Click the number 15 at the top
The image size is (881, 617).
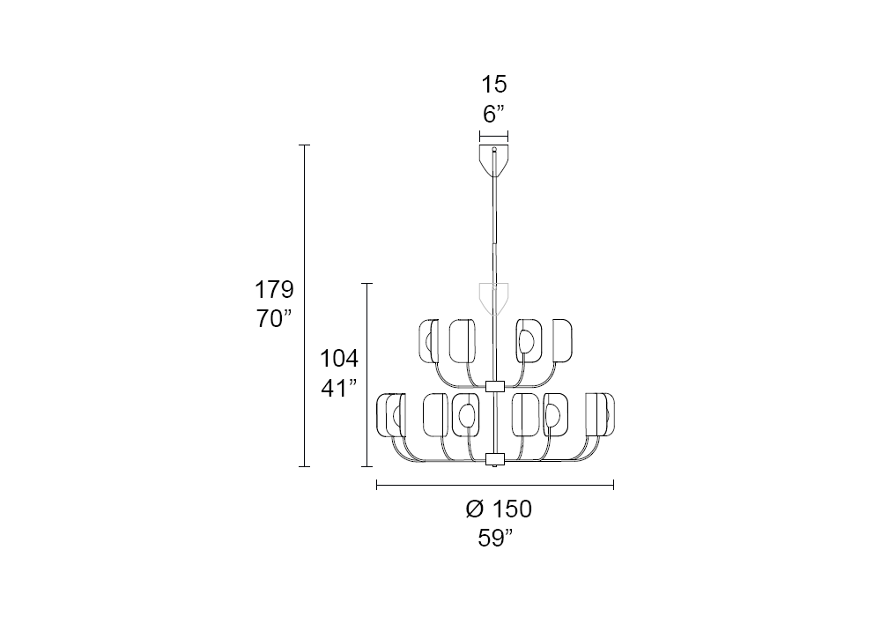coord(494,85)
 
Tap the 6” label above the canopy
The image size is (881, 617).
coord(494,114)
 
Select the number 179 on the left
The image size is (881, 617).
coord(274,290)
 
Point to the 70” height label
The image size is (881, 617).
coord(275,319)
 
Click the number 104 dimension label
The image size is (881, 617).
coord(339,359)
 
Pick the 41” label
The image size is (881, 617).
coord(339,389)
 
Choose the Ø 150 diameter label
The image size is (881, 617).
coord(499,509)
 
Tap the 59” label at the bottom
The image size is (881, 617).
coord(495,539)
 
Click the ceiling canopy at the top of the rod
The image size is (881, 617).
coord(494,160)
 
